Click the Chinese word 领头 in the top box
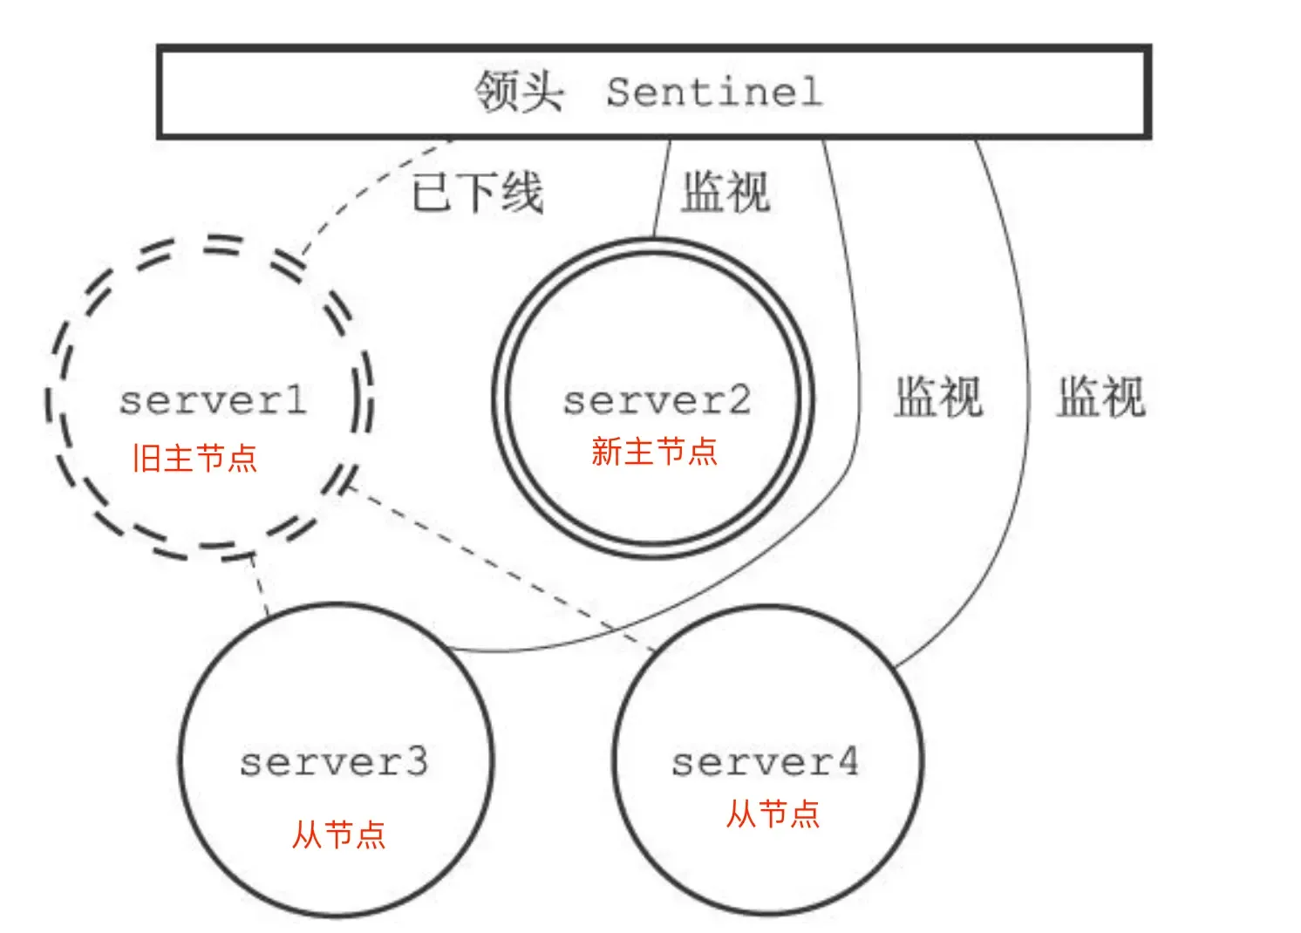point(519,91)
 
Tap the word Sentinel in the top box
point(714,92)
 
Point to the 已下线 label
point(478,192)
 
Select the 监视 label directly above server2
point(725,192)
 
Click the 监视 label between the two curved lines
point(938,397)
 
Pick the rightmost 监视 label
point(1100,397)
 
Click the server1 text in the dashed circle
point(214,400)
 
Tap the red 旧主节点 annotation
point(194,457)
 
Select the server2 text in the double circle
point(657,400)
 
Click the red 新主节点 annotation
point(654,452)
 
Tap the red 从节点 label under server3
point(338,834)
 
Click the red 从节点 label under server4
point(773,814)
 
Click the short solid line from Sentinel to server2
point(663,187)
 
